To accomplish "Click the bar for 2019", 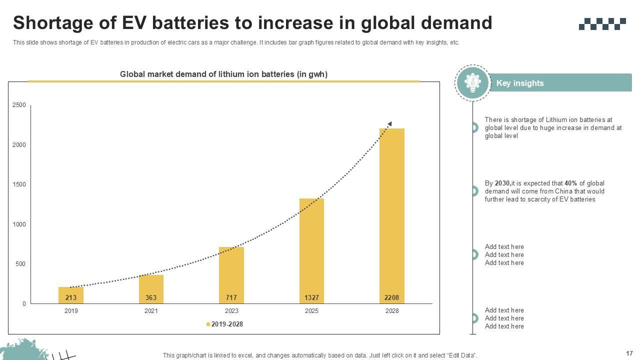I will point(71,295).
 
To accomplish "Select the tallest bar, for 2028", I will point(391,215).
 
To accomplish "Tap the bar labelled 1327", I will point(311,250).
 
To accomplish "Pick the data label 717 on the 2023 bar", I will point(231,297).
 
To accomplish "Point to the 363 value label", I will point(151,297).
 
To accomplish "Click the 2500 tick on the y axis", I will point(19,105).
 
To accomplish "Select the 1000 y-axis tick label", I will point(19,224).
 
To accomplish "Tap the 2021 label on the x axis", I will point(151,311).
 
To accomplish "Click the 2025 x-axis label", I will point(311,311).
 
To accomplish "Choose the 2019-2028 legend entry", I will point(225,324).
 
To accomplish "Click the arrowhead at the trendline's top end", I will point(389,123).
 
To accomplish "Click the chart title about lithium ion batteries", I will point(223,74).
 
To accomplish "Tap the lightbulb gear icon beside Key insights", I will point(472,82).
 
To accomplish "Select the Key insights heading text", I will point(519,83).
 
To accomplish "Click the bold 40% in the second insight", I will point(570,183).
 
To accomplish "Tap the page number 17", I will point(629,353).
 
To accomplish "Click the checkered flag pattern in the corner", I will point(602,23).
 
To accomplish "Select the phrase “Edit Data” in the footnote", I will point(460,355).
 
